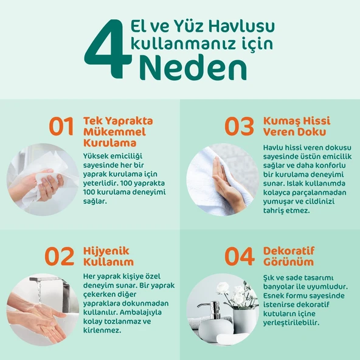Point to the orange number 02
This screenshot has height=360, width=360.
click(x=59, y=257)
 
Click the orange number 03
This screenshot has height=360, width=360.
click(x=239, y=126)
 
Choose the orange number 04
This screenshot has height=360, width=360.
click(x=240, y=257)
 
